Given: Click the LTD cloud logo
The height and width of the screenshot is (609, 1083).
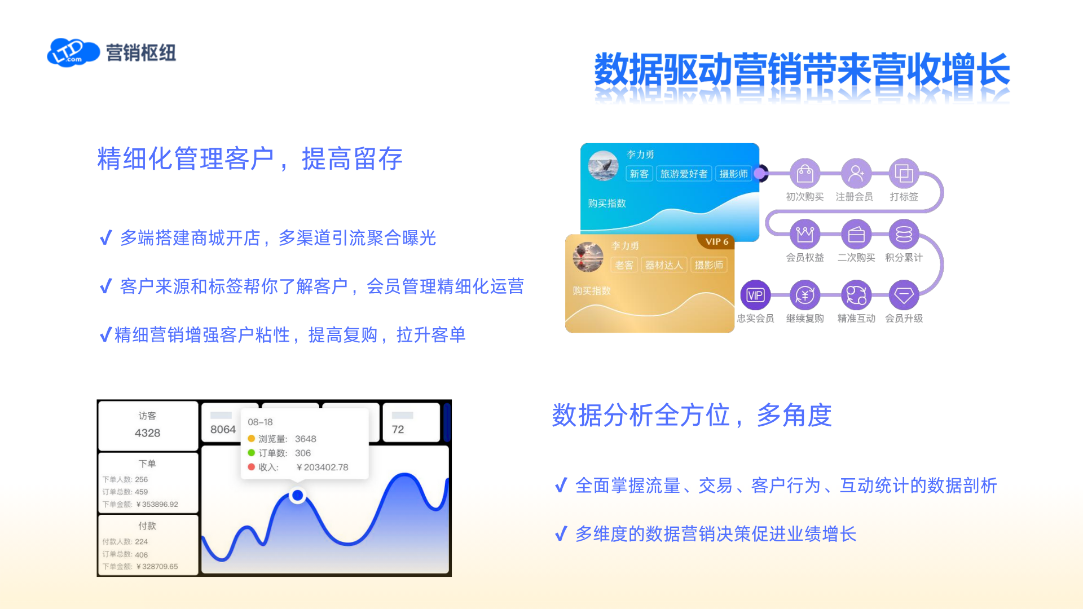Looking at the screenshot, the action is point(73,52).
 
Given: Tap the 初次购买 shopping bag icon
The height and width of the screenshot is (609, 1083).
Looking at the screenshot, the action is point(805,174).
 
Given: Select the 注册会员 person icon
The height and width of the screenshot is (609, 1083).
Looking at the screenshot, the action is point(856,174).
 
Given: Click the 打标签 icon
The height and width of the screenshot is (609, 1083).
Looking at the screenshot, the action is point(904,174).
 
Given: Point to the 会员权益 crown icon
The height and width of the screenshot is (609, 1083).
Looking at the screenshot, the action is point(805,235).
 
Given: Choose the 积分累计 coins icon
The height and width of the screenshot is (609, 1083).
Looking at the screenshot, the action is point(904,235).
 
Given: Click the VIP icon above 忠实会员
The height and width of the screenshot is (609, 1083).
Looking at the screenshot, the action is point(755,295).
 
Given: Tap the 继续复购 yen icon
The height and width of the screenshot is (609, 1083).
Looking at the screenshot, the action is point(805,295).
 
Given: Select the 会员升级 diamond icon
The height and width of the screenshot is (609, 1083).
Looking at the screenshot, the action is point(904,295).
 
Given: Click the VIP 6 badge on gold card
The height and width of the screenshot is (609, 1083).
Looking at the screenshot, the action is point(716,241).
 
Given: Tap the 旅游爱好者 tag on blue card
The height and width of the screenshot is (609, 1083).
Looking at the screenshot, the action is point(684,174).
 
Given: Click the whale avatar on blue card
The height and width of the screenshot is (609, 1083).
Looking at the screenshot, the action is point(603,166).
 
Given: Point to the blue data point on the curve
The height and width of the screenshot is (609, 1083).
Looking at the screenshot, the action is point(297,496).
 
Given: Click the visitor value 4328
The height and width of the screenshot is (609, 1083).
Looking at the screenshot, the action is point(147,433).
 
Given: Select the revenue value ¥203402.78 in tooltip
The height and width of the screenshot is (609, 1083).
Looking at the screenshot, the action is point(322,467).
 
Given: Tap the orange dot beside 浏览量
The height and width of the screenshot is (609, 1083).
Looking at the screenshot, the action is point(252,438).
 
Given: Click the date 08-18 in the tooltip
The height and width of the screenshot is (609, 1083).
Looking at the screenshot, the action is point(260,422).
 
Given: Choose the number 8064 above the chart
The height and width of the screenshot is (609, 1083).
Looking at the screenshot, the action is point(223,430).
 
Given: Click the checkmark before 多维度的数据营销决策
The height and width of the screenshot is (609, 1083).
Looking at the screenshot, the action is point(561,533).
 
